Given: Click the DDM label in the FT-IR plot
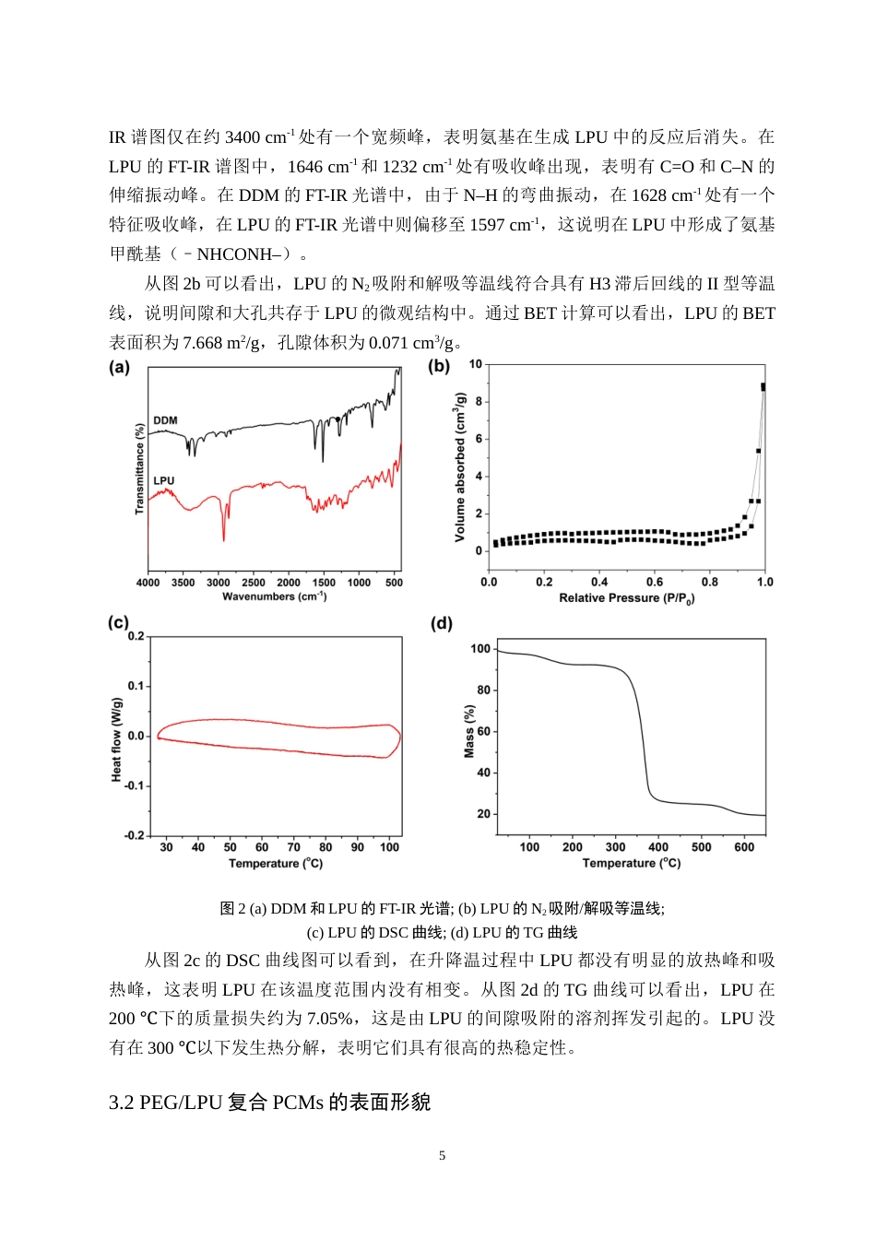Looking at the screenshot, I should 165,420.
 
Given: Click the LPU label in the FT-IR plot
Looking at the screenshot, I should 163,480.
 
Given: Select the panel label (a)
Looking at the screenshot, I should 120,367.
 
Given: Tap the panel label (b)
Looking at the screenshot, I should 439,366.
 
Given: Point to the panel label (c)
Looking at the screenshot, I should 119,622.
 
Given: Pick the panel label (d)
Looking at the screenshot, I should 442,623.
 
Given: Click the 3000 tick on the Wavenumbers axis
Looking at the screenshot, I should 219,583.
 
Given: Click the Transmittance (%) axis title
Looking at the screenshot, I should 140,468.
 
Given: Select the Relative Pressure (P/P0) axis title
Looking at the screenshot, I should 626,598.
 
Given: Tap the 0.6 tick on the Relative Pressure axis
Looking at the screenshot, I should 655,583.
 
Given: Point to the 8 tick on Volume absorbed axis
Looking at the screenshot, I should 479,402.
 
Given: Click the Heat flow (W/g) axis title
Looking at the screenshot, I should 116,739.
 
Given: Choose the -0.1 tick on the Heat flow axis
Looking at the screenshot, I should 136,786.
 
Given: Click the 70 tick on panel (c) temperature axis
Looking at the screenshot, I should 294,847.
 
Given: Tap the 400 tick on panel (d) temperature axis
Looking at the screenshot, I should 658,847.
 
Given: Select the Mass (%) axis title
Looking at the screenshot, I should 469,732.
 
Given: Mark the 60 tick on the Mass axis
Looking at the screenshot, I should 484,732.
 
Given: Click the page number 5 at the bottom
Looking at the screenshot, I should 443,1156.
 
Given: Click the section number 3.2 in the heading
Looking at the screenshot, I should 122,1103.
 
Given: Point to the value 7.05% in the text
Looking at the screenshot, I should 329,1019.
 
